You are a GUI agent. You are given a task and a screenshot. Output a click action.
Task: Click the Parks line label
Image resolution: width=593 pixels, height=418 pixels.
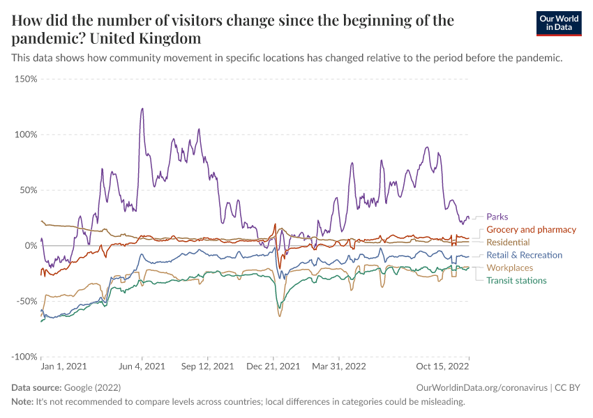pos(497,217)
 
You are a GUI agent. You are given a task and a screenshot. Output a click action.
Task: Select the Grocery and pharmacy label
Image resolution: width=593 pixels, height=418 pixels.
pos(531,229)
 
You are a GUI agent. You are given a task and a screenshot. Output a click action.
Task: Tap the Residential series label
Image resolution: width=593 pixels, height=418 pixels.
pos(508,242)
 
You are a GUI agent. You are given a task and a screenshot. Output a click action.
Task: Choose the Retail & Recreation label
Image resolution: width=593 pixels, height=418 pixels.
pos(524,255)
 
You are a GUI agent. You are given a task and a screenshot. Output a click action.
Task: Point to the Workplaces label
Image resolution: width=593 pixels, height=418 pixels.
pos(509,268)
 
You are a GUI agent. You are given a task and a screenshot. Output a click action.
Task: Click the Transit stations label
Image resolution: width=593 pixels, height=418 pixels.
pos(516,281)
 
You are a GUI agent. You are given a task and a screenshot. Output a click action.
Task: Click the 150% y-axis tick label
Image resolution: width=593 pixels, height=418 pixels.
pos(25,79)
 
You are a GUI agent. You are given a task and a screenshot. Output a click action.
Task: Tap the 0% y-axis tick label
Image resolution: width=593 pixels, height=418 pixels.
pos(30,246)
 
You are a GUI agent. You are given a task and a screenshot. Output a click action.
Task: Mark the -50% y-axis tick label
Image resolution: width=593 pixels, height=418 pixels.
pos(26,301)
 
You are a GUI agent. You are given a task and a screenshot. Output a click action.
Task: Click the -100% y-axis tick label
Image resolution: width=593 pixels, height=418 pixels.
pos(24,357)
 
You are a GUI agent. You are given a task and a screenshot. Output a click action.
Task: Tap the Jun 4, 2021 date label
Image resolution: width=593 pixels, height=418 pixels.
pos(142,366)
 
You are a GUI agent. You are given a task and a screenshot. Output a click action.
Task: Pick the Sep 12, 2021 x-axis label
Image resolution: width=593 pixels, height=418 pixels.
pos(207,366)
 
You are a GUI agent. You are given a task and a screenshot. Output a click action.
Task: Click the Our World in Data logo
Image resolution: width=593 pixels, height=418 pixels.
pos(559,23)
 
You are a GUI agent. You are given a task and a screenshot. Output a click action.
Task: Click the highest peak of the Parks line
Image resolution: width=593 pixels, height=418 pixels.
pos(142,109)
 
